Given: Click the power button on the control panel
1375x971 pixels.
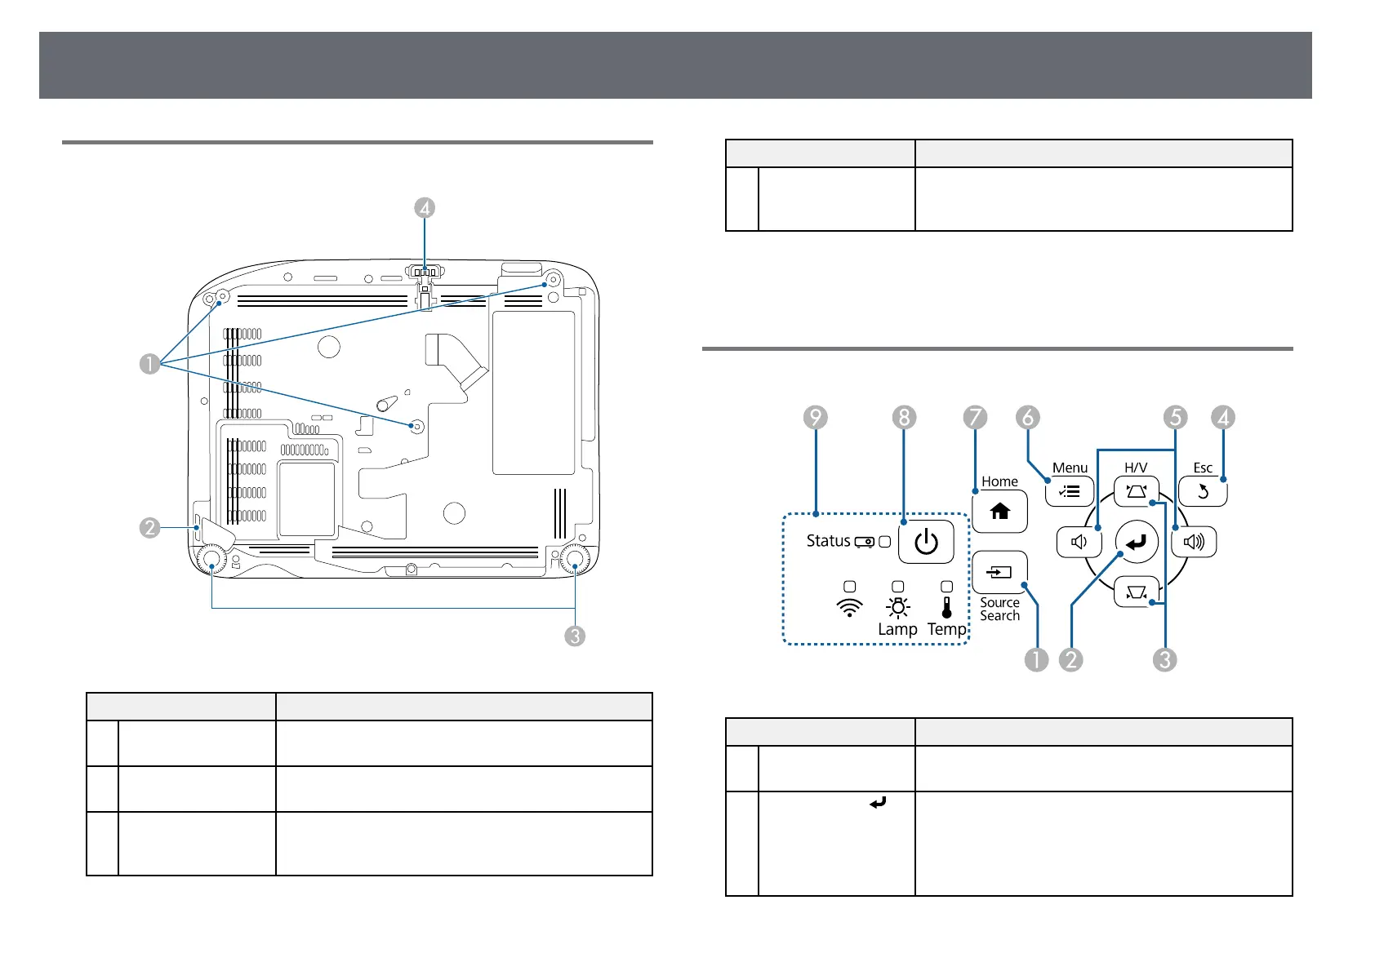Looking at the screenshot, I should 926,542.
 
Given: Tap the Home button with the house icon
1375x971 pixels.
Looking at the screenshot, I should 999,512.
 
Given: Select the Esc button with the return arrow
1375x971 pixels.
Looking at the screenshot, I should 1203,492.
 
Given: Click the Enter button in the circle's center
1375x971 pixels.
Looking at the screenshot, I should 1137,542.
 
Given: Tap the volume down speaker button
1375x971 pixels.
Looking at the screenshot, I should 1079,542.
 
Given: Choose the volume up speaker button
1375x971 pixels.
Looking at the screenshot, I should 1194,542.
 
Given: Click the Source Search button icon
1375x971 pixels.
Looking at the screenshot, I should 999,572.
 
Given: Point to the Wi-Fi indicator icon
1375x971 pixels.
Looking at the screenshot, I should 850,608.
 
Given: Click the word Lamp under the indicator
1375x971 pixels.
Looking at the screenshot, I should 897,629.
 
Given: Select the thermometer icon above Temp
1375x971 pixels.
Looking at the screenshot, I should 947,607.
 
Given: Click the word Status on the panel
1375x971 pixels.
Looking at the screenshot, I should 828,541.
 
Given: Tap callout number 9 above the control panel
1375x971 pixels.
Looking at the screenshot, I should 815,418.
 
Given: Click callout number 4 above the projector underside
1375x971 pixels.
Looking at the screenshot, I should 424,208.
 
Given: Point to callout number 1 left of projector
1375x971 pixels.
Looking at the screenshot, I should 149,363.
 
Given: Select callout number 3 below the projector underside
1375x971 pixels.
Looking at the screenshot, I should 575,636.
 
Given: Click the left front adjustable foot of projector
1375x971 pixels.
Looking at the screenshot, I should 211,560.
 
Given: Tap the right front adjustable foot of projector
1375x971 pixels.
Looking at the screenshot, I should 575,560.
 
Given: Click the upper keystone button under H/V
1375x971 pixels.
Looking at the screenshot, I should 1136,492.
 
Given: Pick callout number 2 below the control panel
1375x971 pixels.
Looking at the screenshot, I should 1070,659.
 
